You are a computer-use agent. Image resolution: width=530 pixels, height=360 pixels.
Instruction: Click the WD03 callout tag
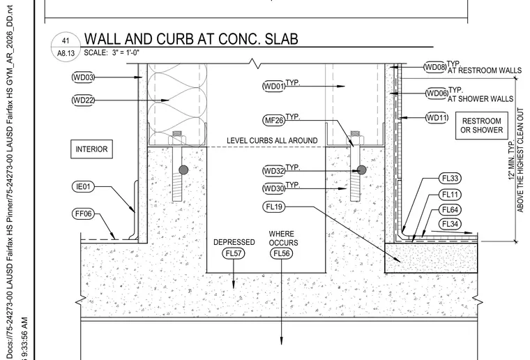point(83,77)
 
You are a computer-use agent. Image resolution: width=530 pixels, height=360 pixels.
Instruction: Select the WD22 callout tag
point(83,100)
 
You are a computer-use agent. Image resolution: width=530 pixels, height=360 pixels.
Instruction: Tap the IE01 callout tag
point(83,186)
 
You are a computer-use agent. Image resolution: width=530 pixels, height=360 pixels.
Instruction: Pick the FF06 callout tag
point(83,213)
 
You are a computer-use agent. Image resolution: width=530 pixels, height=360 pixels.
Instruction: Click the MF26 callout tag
point(274,120)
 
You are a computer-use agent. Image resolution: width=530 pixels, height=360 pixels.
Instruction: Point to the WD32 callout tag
point(274,171)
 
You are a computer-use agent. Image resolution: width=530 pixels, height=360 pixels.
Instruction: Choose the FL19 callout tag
point(274,207)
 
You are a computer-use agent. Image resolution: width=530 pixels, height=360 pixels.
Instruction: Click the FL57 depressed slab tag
point(233,253)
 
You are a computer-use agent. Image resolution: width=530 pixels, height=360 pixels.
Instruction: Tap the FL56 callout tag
point(281,253)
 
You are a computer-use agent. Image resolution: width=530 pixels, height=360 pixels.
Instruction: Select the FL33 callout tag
point(450,178)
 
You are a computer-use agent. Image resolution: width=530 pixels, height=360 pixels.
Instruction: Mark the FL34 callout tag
point(450,224)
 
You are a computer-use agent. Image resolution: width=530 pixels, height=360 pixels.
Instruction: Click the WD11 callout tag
point(437,118)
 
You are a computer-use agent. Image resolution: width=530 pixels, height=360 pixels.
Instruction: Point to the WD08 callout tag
point(435,67)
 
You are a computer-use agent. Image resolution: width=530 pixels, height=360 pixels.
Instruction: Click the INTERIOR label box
point(91,149)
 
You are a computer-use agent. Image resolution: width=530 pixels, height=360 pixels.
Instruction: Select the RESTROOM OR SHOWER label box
point(482,126)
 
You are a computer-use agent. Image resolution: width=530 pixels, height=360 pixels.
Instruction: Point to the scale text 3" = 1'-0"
point(126,53)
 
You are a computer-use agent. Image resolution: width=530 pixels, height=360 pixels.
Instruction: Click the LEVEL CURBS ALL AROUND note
point(272,141)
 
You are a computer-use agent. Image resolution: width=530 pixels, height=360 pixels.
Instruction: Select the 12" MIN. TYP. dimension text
point(512,160)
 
